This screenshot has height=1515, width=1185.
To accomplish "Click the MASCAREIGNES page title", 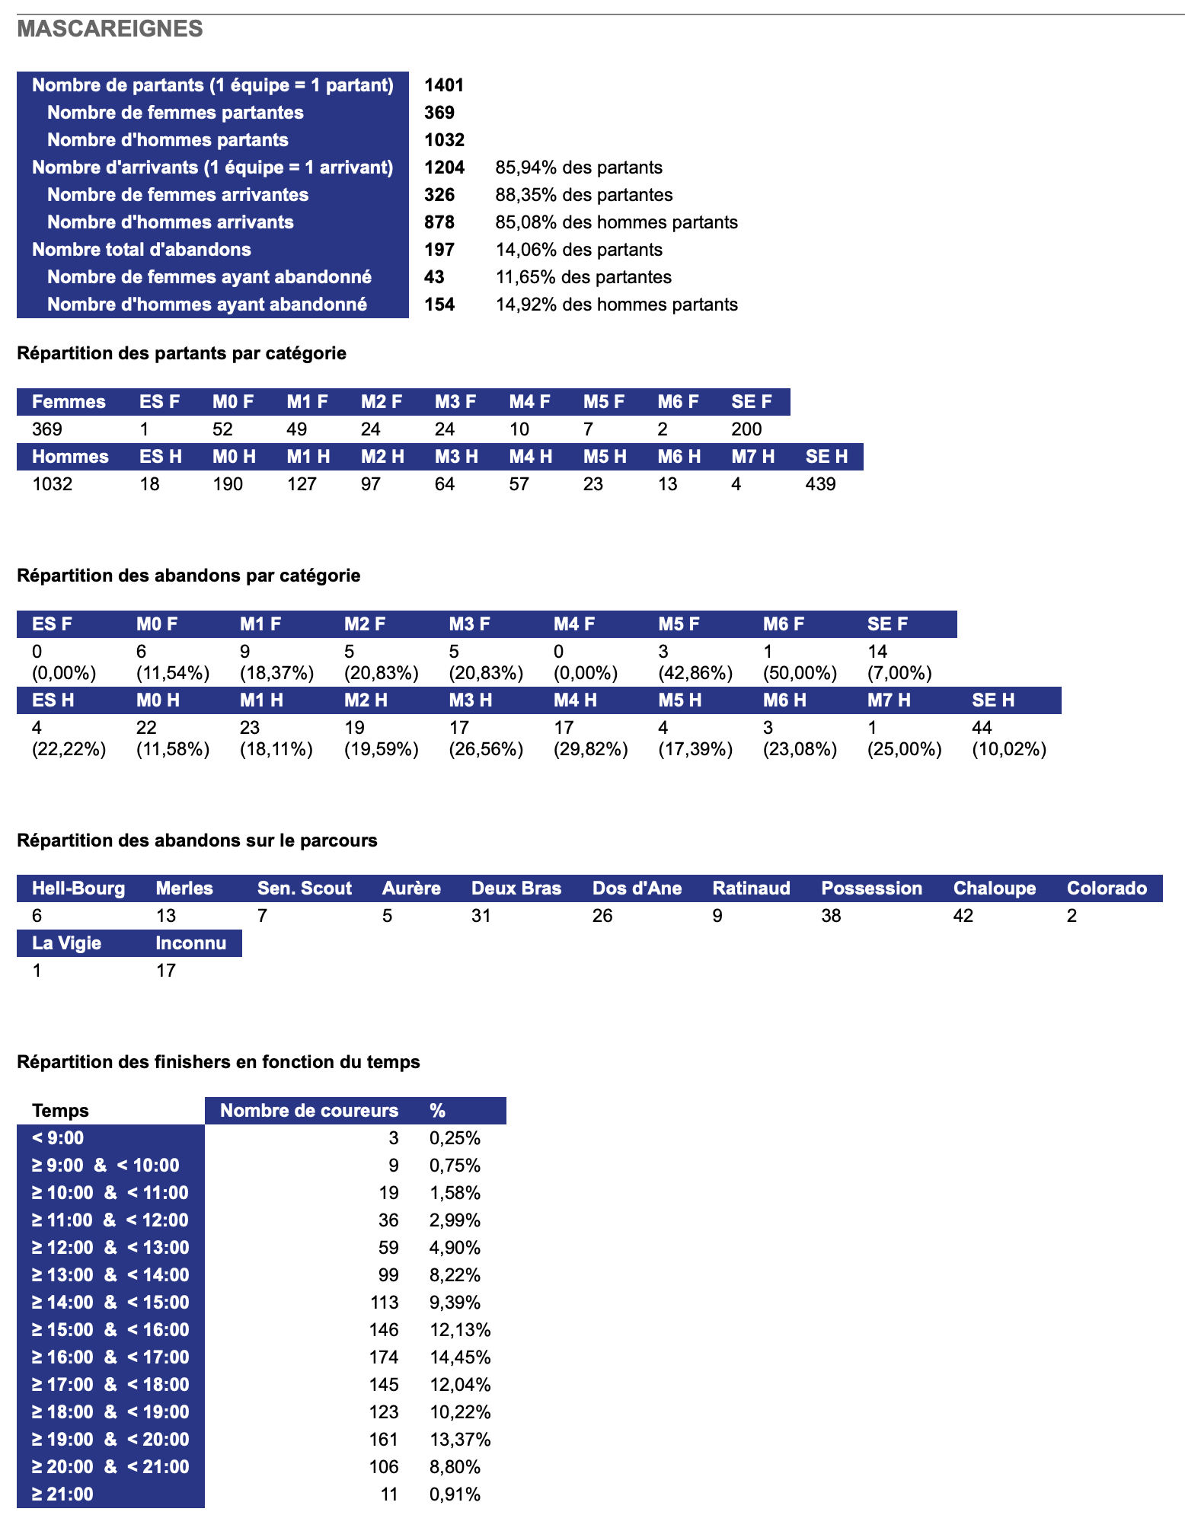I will (x=110, y=29).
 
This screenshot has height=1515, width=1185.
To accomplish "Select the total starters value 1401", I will (x=444, y=85).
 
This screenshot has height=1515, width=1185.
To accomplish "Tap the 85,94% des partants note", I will (x=579, y=167).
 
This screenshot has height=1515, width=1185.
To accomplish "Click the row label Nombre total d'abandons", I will (x=142, y=250).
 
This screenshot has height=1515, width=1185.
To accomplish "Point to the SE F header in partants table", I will (x=751, y=402).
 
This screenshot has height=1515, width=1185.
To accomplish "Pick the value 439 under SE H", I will (x=820, y=484).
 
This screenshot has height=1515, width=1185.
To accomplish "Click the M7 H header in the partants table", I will (x=752, y=457).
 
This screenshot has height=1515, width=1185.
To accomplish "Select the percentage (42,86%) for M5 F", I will (x=695, y=673).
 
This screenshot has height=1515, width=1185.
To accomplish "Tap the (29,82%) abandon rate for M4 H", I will (x=590, y=749).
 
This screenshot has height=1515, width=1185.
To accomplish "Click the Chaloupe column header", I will (x=994, y=888).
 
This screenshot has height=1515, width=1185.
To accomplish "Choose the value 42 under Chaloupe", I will (x=963, y=916).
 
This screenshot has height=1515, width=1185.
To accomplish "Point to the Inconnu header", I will (x=190, y=943).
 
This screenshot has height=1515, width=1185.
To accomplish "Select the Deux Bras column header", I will (x=516, y=888).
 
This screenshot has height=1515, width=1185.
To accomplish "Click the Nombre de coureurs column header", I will (x=308, y=1111).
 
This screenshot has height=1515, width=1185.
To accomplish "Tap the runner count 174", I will (x=384, y=1357).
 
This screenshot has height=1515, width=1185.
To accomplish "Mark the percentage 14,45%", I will (x=460, y=1357).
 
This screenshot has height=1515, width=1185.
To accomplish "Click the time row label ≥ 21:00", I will (x=62, y=1494).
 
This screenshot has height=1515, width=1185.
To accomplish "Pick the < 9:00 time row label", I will (x=58, y=1138).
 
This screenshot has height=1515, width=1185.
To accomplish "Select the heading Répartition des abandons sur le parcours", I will (x=196, y=840).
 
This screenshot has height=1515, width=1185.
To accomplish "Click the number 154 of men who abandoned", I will (x=439, y=305).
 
